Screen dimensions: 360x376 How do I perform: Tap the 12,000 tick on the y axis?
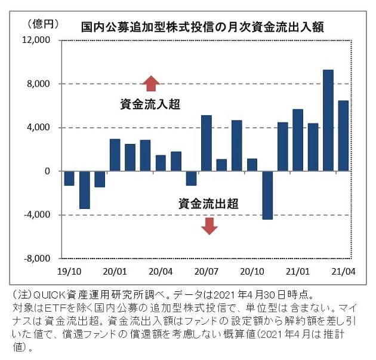point(38,41)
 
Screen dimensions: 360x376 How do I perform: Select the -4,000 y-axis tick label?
point(38,215)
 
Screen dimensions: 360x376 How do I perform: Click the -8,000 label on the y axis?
point(38,259)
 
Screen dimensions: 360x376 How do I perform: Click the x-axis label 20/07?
point(205,270)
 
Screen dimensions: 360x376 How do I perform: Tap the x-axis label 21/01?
point(298,270)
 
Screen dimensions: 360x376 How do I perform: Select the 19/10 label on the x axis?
point(69,270)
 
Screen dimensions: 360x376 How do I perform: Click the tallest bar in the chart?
point(328,120)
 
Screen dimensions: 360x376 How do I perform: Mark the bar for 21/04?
point(343,136)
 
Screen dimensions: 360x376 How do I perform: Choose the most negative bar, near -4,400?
point(267,195)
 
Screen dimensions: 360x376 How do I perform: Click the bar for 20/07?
point(206,143)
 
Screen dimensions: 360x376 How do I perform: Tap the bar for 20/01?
point(115,155)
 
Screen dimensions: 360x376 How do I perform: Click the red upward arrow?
point(150,82)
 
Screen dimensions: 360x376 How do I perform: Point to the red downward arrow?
point(208,226)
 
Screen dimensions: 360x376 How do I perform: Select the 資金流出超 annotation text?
point(208,204)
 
